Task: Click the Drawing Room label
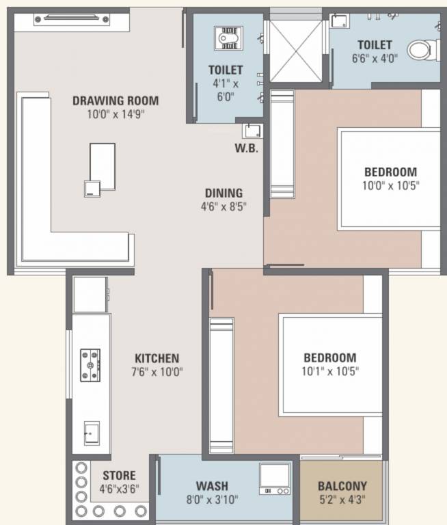[116, 100]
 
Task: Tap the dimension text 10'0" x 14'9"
[116, 115]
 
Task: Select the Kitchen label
[157, 359]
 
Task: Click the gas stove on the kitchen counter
[90, 365]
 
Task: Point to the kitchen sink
[92, 433]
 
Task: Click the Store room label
[119, 476]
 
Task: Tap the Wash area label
[212, 486]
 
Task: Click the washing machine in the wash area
[275, 479]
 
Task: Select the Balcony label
[342, 486]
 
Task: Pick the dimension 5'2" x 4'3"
[342, 500]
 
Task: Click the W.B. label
[247, 148]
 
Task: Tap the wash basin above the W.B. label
[252, 131]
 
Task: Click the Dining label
[223, 193]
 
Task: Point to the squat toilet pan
[228, 38]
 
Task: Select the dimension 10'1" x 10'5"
[330, 371]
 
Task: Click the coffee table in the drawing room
[103, 167]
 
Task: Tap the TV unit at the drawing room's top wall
[72, 19]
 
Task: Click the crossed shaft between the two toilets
[296, 51]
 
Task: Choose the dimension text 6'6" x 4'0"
[375, 59]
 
